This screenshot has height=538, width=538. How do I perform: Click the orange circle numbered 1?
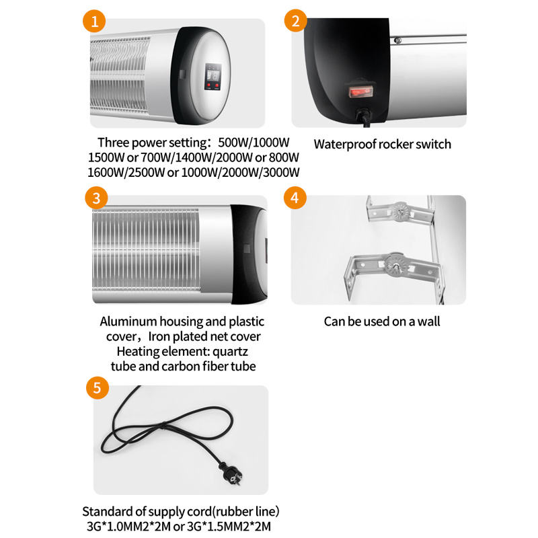pyautogui.click(x=94, y=22)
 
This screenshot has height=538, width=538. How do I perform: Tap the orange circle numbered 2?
pyautogui.click(x=295, y=21)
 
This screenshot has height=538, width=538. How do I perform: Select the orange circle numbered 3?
pyautogui.click(x=96, y=198)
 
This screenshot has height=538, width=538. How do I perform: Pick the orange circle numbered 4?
pyautogui.click(x=295, y=198)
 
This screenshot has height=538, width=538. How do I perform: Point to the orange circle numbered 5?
pyautogui.click(x=98, y=388)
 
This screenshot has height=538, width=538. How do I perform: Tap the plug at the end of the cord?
pyautogui.click(x=231, y=473)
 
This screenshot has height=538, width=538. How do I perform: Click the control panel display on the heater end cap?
pyautogui.click(x=213, y=77)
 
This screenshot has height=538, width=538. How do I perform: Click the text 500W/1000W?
pyautogui.click(x=254, y=143)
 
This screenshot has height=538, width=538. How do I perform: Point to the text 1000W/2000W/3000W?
pyautogui.click(x=240, y=172)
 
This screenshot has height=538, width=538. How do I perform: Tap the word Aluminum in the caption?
pyautogui.click(x=128, y=321)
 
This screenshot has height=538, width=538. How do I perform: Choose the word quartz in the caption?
pyautogui.click(x=230, y=352)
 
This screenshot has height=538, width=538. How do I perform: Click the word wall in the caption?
pyautogui.click(x=429, y=321)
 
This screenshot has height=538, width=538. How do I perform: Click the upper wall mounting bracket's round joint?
pyautogui.click(x=400, y=210)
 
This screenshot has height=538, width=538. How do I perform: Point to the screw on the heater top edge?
pyautogui.click(x=398, y=40)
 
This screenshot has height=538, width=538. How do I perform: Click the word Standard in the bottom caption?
pyautogui.click(x=108, y=512)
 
